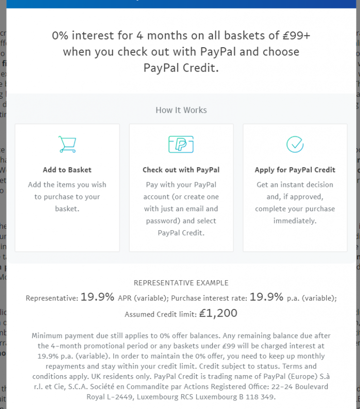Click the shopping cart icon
point(67,144)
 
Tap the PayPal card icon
point(181,144)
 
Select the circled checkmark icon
point(295,144)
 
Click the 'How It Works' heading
point(181,110)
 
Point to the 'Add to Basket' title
point(67,170)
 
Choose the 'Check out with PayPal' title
point(181,170)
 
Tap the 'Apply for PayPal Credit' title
point(295,170)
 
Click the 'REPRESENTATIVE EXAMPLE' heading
point(181,283)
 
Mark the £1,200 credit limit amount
point(218,313)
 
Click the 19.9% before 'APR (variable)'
point(97,297)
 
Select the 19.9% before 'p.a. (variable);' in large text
point(267,297)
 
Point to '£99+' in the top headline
point(295,36)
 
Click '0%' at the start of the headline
point(61,36)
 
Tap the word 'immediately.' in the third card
point(295,221)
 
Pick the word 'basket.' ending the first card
point(67,208)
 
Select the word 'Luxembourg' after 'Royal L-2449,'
point(154,396)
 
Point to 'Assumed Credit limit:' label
point(160,314)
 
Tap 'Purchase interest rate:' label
point(209,298)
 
